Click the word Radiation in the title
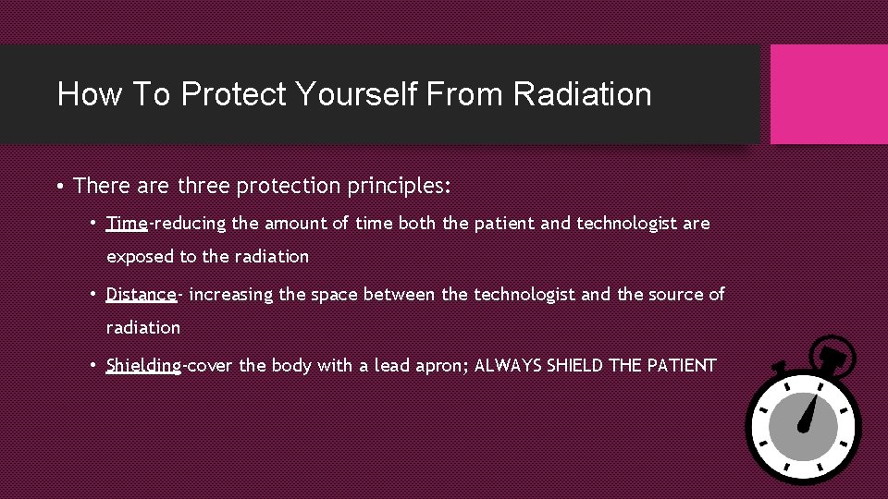point(582,94)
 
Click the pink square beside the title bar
point(829,94)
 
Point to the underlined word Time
point(127,223)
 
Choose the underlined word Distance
point(141,294)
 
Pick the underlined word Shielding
point(143,365)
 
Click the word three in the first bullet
point(203,186)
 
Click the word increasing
point(231,294)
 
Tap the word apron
point(438,365)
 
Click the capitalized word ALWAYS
point(508,365)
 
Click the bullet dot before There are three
point(59,187)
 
